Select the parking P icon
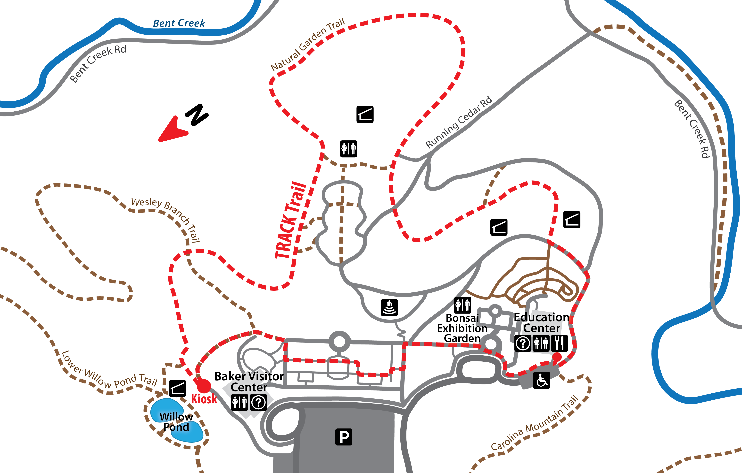(x=344, y=437)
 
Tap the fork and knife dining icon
(x=559, y=343)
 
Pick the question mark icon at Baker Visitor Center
(x=259, y=402)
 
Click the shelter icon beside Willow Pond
(x=177, y=388)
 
